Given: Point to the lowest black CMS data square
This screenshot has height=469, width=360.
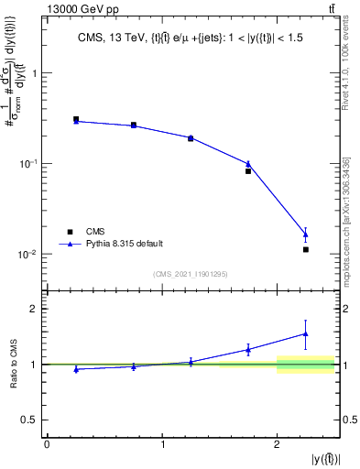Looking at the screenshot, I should tap(306, 249).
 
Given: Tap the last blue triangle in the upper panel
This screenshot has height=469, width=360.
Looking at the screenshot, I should tap(306, 234).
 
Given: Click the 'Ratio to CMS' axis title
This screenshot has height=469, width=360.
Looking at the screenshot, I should tap(15, 364).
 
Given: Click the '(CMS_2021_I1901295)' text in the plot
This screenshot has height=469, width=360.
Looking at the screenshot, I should tap(191, 274).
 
